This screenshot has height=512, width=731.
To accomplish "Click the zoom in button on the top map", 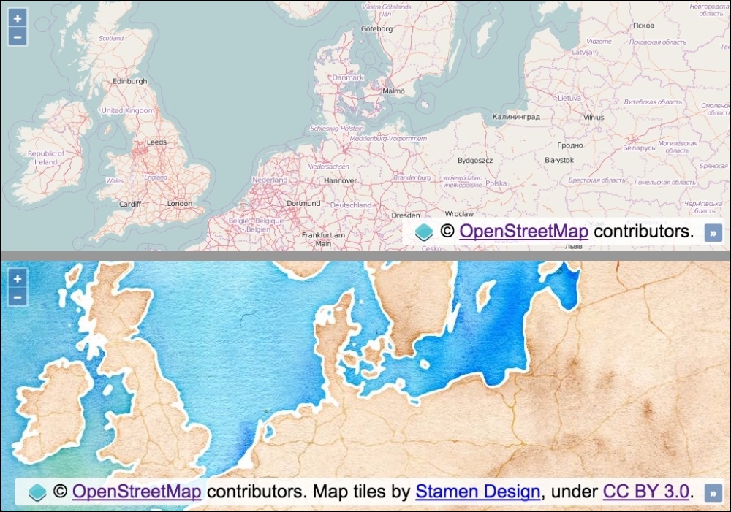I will point(18,18).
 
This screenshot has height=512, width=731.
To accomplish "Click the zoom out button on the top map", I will point(18,37).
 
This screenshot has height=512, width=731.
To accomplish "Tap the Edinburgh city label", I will point(130,82).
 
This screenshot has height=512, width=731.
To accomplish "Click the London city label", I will point(179,204).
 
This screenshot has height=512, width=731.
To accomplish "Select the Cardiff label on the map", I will point(129,205).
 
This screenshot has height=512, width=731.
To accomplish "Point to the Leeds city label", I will point(156,142).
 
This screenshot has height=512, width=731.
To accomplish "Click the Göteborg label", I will point(377,29).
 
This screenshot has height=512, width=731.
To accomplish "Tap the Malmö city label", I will point(394,91).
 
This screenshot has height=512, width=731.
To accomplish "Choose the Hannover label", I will point(341,180).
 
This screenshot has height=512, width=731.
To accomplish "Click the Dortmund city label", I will point(304,204).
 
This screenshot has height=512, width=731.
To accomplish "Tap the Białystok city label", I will point(559,160).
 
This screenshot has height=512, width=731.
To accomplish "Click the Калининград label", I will point(516,117).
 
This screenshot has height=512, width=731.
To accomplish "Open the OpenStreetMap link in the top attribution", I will point(523,232).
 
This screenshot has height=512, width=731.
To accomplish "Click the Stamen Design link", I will point(478,492).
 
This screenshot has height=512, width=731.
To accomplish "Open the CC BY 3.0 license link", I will point(646,492).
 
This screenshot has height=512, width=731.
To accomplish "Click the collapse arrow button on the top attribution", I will point(713,232).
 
